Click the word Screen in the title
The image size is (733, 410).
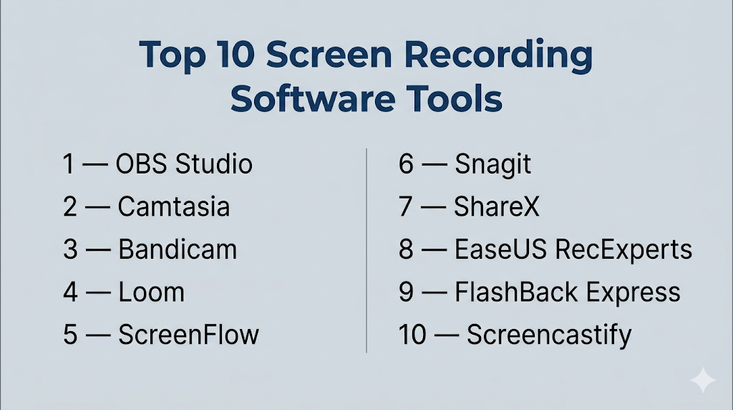329,54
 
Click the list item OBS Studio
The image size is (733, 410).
184,164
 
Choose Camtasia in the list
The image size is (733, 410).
174,206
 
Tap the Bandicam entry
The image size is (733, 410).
178,249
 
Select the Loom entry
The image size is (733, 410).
152,292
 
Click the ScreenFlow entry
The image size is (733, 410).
188,335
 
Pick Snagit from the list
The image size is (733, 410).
492,165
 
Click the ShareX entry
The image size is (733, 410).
497,206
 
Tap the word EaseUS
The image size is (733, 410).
500,249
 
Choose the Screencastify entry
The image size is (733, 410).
549,335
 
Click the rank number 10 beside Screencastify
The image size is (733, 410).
412,335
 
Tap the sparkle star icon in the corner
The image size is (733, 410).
703,380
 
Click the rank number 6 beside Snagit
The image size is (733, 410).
407,164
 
